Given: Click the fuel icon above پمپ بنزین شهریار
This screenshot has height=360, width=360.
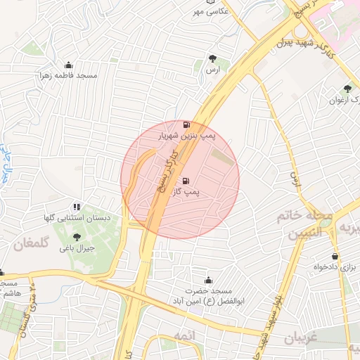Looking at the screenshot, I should click(185, 124).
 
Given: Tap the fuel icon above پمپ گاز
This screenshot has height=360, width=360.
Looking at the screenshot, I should click(185, 181).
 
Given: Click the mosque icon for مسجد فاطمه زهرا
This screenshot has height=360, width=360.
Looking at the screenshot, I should click(68, 64).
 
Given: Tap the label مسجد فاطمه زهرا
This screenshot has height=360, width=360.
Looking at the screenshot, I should click(68, 75).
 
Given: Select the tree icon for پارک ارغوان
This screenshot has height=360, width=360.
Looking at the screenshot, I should click(347, 89).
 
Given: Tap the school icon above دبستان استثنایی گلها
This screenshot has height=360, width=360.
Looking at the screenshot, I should click(77, 206).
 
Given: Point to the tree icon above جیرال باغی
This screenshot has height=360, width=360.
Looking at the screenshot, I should click(77, 237).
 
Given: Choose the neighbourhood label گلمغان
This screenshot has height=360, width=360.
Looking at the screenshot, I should click(31, 245).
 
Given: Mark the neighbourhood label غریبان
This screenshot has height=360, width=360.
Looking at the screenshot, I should click(302, 337).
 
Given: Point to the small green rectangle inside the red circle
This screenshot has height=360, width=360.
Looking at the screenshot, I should click(221, 157).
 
